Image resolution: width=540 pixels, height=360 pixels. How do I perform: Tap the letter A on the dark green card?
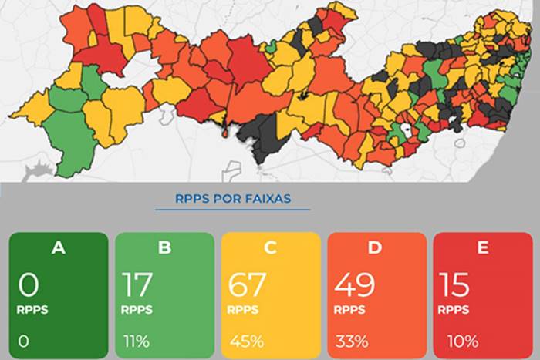(58, 248)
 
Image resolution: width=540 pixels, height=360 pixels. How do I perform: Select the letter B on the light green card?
(164, 248)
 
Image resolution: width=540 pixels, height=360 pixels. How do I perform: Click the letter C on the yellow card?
(270, 248)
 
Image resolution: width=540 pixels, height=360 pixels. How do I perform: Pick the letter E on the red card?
(482, 248)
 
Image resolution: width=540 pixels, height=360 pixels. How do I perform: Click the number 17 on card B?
(140, 284)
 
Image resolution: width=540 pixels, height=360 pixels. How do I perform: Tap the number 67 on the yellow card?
(248, 284)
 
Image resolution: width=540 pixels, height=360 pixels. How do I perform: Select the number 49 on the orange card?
(354, 284)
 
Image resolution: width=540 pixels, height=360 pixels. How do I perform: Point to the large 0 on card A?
(29, 284)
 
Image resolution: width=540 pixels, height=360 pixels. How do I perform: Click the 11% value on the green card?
(136, 341)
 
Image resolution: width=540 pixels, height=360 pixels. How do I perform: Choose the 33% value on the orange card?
(351, 341)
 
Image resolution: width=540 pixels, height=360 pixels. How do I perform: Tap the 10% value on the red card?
(462, 341)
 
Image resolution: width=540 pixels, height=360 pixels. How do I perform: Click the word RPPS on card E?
(454, 310)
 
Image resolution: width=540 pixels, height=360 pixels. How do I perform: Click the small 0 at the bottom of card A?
(24, 341)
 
